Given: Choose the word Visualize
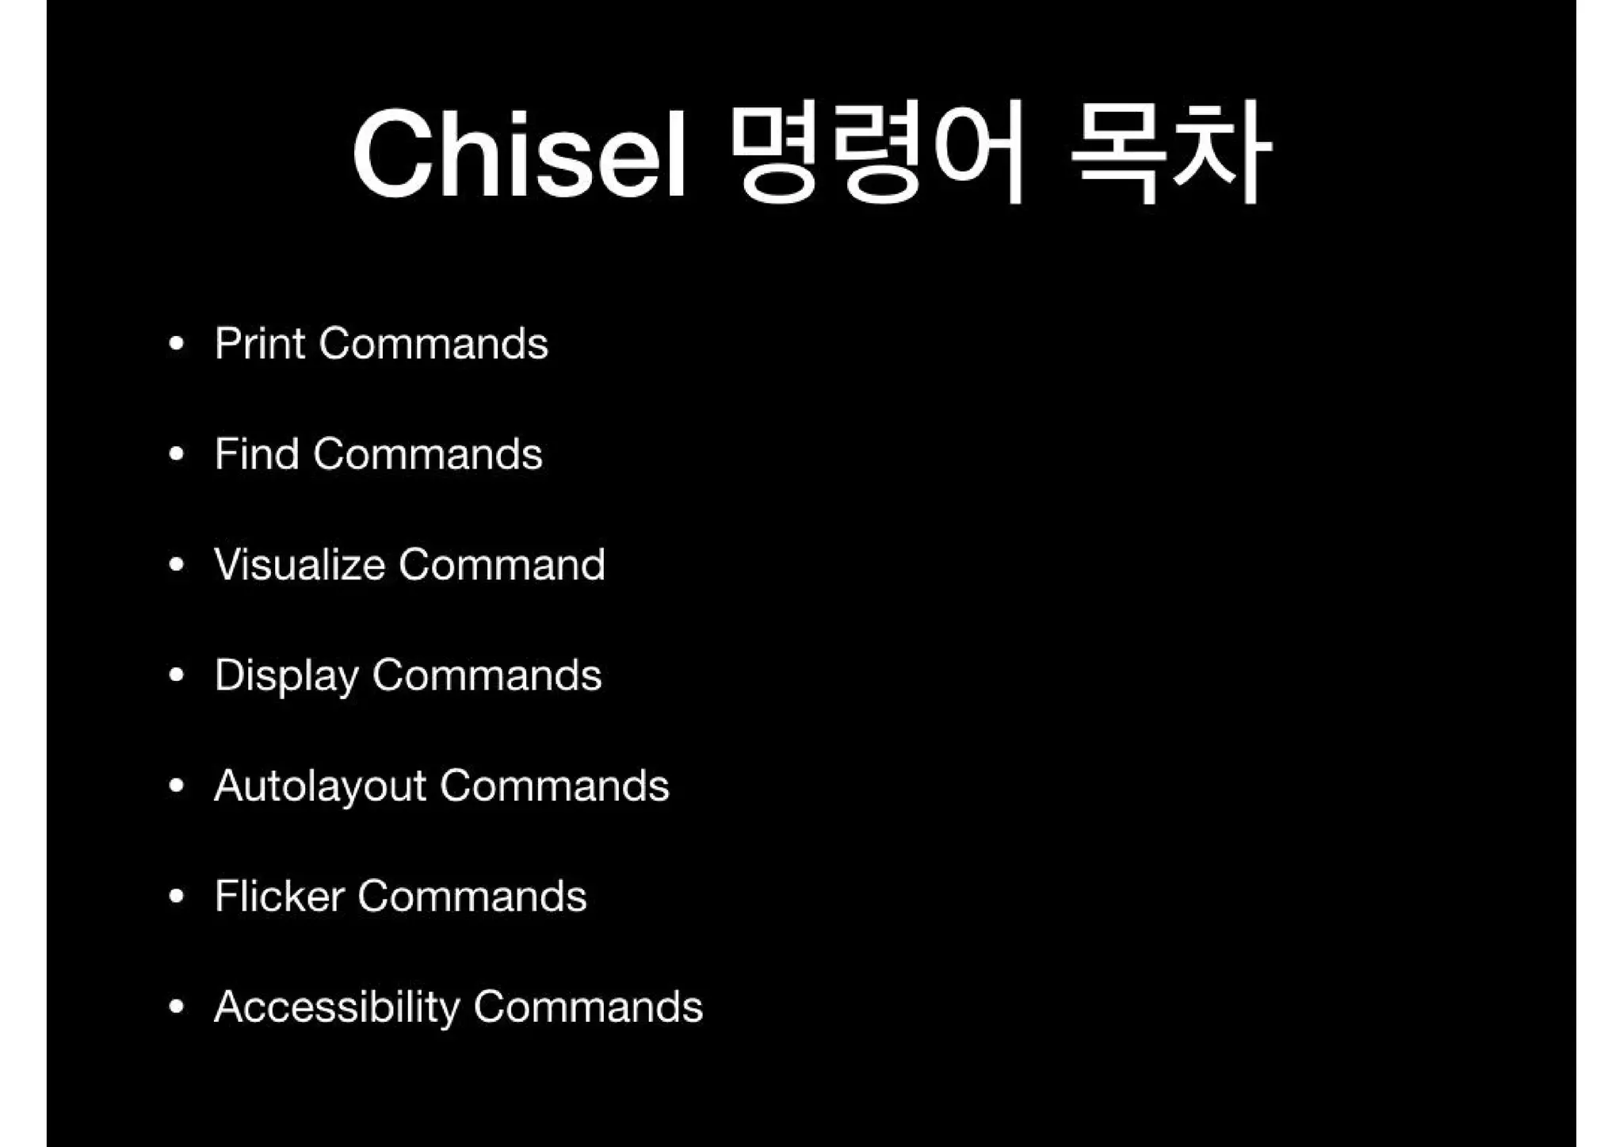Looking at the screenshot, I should tap(300, 565).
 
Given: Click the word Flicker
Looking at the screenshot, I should tap(280, 897).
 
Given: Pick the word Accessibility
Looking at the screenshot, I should tap(337, 1007).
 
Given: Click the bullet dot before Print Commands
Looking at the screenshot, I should tap(177, 344).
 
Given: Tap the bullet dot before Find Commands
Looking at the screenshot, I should tap(177, 454).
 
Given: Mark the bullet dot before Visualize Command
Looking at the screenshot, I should tap(177, 565).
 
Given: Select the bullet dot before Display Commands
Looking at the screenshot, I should tap(177, 675).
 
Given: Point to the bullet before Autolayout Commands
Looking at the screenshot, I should tap(177, 786).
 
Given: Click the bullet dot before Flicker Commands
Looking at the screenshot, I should tap(177, 897).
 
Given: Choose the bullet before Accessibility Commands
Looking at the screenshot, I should tap(177, 1007).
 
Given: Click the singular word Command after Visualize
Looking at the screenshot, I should tap(502, 565).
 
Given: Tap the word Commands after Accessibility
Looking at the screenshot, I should tap(588, 1007).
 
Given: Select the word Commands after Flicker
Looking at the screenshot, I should tap(472, 897).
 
